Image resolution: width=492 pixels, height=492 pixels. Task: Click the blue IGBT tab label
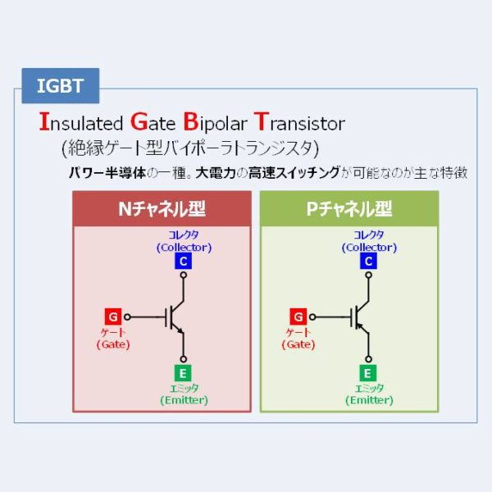point(58,85)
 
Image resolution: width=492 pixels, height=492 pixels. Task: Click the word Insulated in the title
point(80,124)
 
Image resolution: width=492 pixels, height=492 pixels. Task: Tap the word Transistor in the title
point(298,124)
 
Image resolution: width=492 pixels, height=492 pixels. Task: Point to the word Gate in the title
point(152,124)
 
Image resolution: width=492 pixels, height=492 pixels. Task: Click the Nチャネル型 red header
point(162,209)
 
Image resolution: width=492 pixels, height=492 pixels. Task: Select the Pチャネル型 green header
point(348,209)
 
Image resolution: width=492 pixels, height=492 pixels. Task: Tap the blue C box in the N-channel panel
point(184,262)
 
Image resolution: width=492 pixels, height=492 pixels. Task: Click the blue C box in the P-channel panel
point(370,262)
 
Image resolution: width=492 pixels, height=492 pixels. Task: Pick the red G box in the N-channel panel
point(113,316)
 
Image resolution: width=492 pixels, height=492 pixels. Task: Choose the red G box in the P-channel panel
point(299,316)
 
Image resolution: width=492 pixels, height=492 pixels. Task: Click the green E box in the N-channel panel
point(184,371)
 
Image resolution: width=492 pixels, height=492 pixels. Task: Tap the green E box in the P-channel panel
point(370,371)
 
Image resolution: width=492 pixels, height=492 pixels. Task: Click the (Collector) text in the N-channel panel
point(184,247)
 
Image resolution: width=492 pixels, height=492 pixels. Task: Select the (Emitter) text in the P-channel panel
point(370,400)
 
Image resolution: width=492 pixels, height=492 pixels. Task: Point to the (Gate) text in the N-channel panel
point(113,344)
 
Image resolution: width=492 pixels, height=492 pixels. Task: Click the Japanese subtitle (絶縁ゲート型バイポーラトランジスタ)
point(189,148)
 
